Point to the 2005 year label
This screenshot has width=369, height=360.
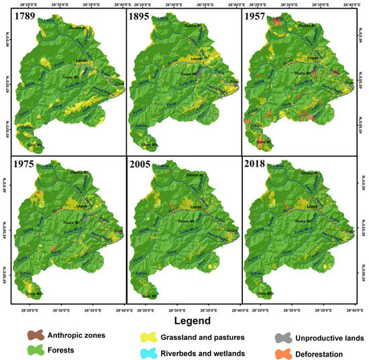click(x=142, y=164)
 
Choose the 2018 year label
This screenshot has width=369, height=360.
click(x=257, y=164)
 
